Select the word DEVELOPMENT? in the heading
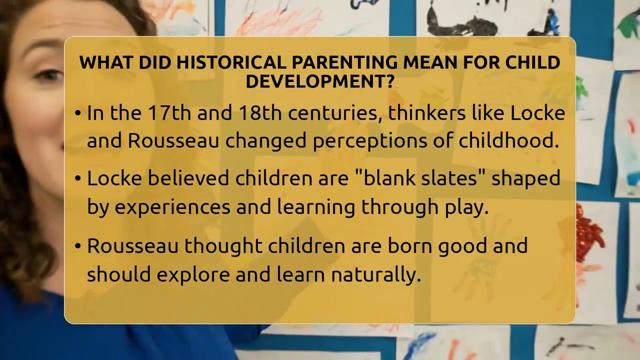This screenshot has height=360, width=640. tap(320, 81)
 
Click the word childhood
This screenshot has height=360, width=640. tap(509, 141)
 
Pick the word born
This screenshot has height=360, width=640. tap(408, 246)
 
